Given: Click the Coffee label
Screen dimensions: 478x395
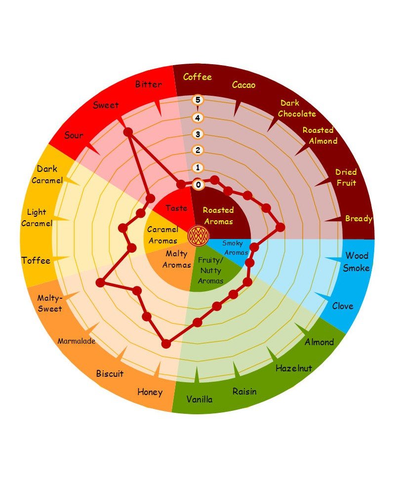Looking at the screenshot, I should (197, 77).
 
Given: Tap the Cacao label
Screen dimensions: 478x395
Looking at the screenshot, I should (244, 85).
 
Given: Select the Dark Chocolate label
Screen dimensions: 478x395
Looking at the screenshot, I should (297, 109).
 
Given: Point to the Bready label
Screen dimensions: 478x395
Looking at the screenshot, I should (358, 219).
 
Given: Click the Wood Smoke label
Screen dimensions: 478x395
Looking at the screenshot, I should (356, 262).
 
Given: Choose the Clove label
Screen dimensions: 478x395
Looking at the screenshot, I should (342, 306).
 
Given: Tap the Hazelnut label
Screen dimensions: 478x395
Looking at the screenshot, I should (294, 368).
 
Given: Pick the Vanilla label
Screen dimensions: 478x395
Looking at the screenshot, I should (199, 399).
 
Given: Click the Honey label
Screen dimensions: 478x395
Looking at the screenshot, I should (150, 392).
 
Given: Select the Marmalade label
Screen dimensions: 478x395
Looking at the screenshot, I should (77, 341).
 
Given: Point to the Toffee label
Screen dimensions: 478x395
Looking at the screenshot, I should (36, 261).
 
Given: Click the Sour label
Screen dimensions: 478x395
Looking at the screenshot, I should (74, 136).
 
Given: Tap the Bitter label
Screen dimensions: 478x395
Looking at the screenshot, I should (148, 84).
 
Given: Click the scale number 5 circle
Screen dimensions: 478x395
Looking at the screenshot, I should (198, 100).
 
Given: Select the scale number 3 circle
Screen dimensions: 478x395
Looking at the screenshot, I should (198, 134).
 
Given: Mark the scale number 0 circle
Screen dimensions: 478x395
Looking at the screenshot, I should (198, 185).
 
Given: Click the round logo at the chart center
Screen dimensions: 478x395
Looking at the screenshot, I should (197, 234).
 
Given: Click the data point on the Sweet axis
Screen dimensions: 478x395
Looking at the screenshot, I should (128, 132).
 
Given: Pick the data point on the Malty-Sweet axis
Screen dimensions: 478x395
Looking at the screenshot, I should (101, 282).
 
